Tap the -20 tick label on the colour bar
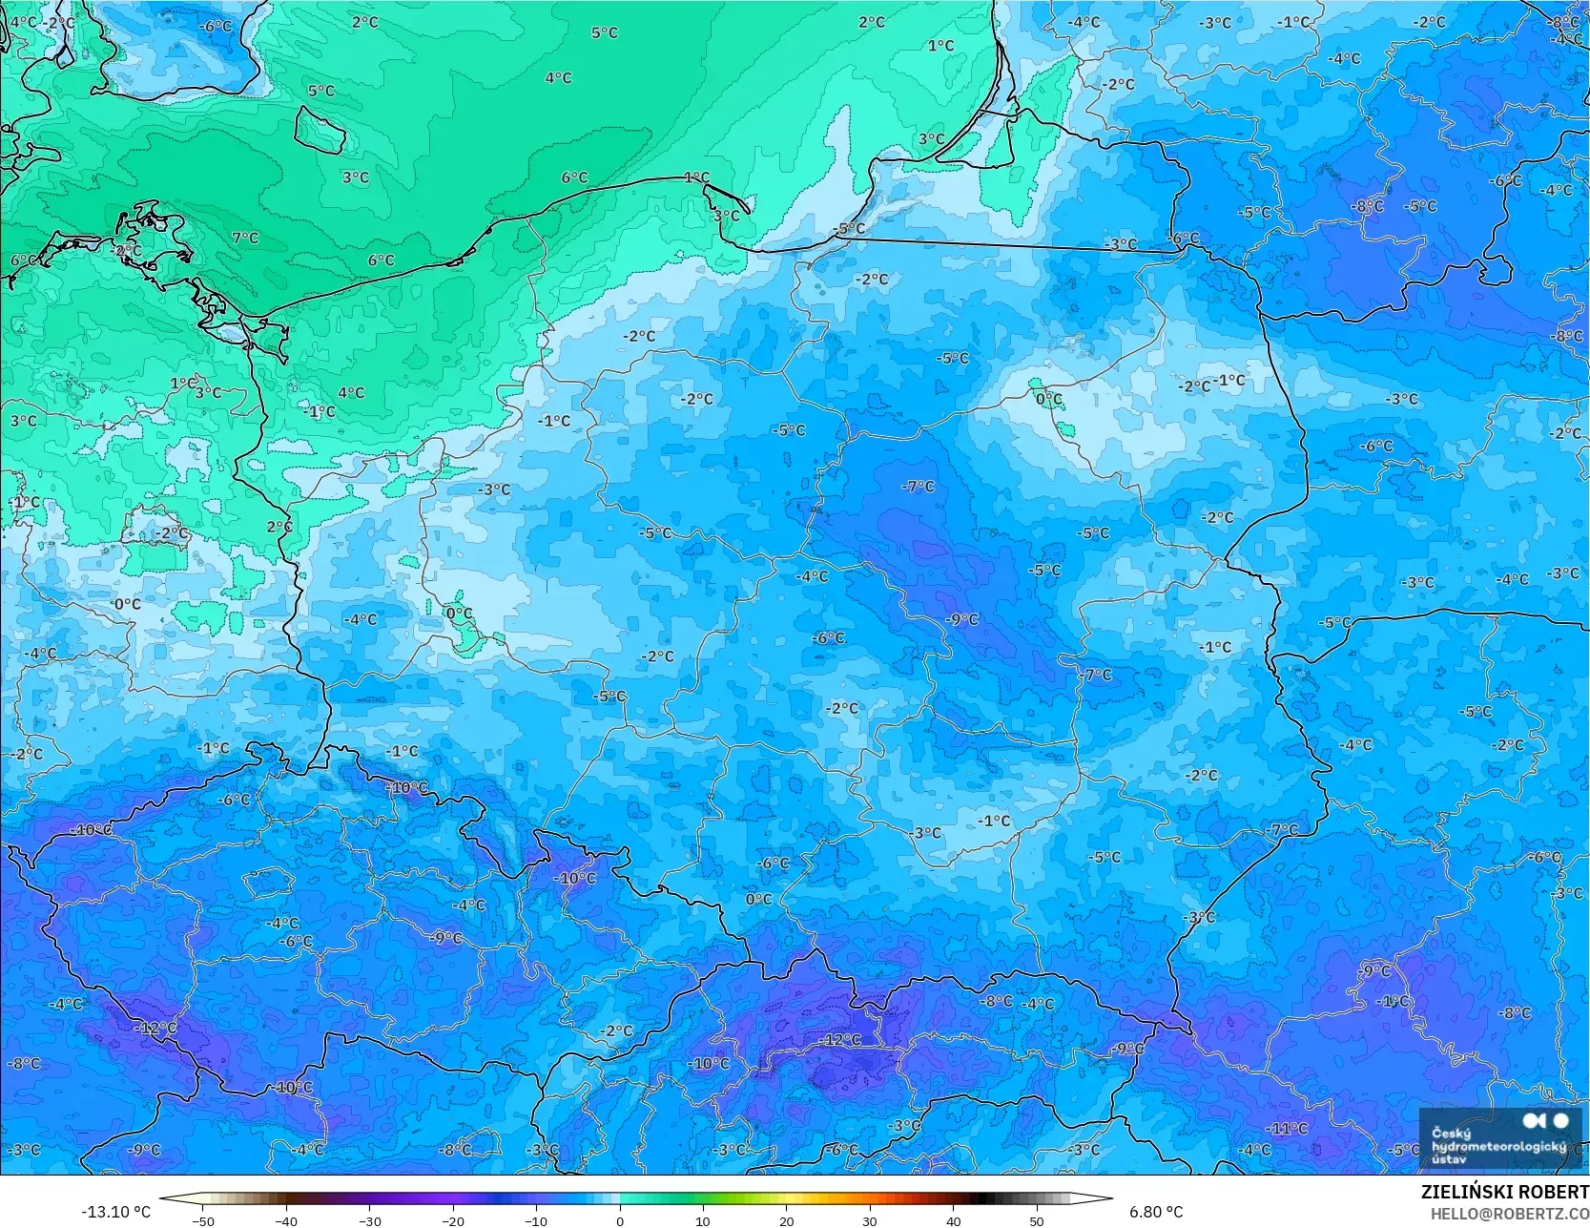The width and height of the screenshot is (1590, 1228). (x=452, y=1220)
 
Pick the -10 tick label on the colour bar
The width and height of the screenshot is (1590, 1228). (x=535, y=1220)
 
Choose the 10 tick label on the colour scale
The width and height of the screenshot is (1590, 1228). (x=703, y=1220)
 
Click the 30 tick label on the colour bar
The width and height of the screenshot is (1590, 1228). (x=870, y=1220)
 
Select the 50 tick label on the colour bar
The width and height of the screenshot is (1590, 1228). (x=1037, y=1220)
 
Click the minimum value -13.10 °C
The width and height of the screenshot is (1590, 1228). (x=115, y=1212)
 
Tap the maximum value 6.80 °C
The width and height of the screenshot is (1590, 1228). (x=1156, y=1212)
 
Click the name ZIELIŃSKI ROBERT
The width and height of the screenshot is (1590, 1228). (x=1504, y=1192)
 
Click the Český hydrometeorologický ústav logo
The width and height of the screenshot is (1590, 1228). (x=1499, y=1138)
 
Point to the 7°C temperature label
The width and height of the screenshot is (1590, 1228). (x=245, y=238)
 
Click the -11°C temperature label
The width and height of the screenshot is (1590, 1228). (x=1288, y=1129)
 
